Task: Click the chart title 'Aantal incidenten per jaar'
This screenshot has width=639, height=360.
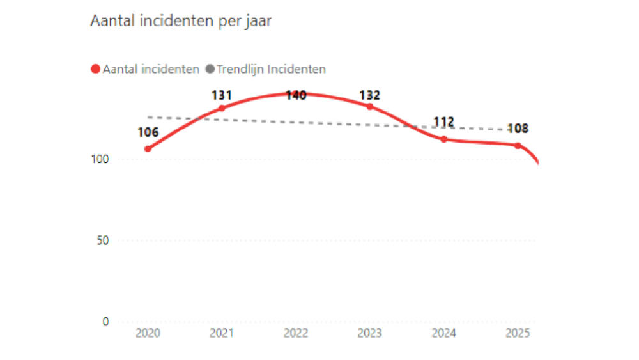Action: tap(181, 21)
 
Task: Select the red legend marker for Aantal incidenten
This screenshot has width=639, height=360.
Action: tap(96, 69)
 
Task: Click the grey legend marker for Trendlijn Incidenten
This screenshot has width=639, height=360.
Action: tap(209, 69)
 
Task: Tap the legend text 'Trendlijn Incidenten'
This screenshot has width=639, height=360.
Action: tap(271, 69)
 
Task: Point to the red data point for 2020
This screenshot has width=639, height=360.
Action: tap(148, 149)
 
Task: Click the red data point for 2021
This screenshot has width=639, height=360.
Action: tap(222, 108)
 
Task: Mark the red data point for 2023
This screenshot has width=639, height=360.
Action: tap(370, 106)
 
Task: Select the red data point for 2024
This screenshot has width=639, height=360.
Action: tap(444, 139)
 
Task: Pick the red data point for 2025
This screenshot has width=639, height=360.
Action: tap(518, 145)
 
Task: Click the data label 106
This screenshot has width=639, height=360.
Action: tap(148, 133)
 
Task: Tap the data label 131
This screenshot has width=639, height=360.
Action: tap(222, 96)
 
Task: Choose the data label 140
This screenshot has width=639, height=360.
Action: tap(296, 95)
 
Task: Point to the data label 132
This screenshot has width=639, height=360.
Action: tap(370, 95)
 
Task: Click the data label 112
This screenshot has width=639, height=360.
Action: tap(444, 122)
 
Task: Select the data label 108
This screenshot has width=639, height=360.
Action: tap(518, 129)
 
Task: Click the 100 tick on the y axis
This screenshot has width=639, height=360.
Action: tap(102, 159)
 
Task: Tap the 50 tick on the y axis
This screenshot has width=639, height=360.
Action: tap(105, 240)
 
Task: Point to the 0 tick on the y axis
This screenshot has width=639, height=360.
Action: tap(107, 322)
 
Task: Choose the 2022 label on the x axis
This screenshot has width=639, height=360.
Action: tap(296, 334)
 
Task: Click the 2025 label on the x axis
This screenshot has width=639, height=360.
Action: tap(518, 334)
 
